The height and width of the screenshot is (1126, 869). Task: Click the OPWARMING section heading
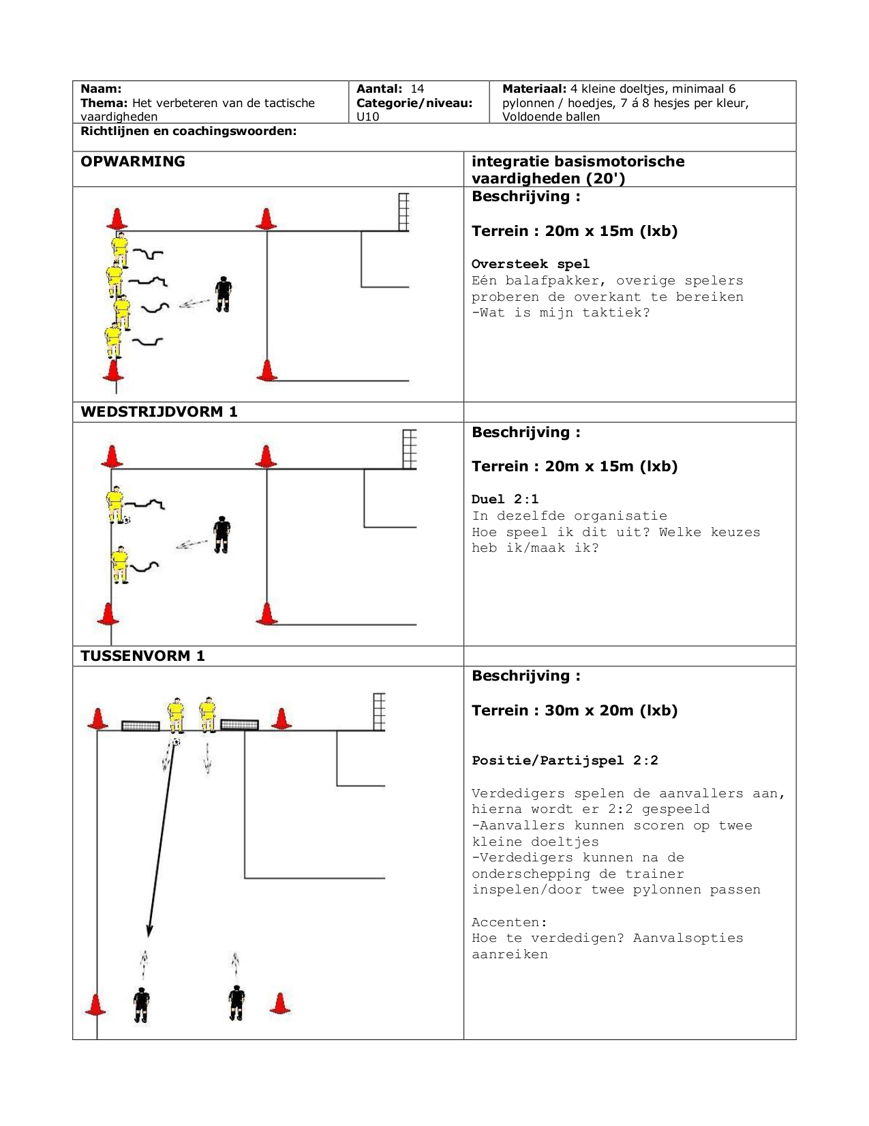[133, 162]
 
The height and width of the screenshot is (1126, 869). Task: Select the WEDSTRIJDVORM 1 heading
[159, 412]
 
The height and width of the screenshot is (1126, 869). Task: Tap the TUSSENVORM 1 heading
[142, 656]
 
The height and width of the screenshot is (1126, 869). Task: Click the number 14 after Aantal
[417, 89]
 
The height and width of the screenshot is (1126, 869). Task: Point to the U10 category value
[368, 117]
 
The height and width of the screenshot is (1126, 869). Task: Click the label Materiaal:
[534, 89]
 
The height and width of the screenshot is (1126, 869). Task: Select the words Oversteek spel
[530, 264]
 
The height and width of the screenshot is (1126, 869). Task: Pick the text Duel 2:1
[505, 499]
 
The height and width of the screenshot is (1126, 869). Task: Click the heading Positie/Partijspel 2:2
[565, 760]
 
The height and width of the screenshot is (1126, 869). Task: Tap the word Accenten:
[509, 923]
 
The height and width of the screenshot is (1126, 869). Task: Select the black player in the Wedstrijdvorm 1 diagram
[222, 535]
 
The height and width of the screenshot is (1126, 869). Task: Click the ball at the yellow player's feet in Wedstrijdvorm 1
[126, 520]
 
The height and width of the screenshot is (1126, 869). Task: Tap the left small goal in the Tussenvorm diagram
[140, 726]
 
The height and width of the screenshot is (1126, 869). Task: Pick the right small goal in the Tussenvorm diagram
[240, 724]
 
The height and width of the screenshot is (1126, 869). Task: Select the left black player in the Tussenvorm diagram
[141, 1005]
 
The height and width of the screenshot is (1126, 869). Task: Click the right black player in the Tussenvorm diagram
[237, 1003]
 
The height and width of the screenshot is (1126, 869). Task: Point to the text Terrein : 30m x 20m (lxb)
[575, 711]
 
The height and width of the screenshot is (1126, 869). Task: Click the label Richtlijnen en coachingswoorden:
[188, 131]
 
